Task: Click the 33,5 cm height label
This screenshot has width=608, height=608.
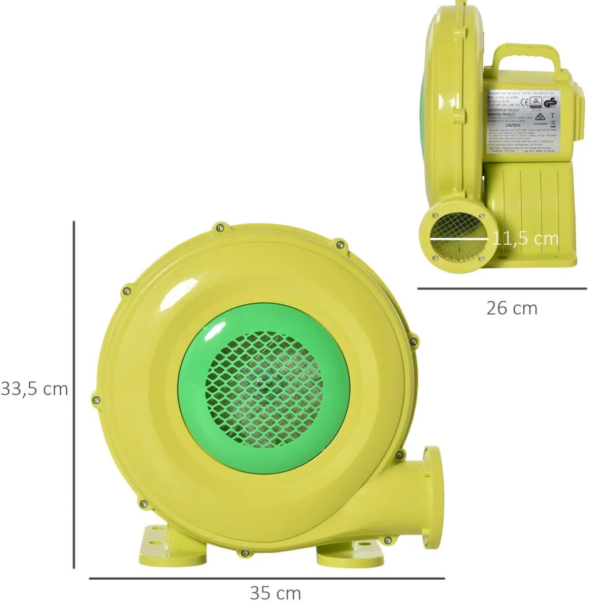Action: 35,389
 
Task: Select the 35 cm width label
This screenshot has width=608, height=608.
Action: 275,593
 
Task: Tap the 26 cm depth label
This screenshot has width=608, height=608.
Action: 511,308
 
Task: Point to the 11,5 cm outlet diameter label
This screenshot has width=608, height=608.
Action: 525,238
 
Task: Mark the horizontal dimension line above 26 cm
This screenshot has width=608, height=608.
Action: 502,289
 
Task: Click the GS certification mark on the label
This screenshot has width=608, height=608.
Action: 550,103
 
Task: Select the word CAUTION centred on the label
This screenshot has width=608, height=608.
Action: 512,125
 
